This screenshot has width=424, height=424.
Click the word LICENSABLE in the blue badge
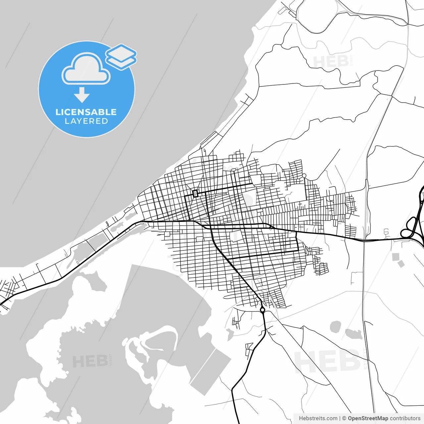[86, 112]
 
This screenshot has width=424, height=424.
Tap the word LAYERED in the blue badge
[86, 121]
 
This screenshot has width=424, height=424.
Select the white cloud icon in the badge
[86, 69]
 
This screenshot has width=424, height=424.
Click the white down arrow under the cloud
[82, 95]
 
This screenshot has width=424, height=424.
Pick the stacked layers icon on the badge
[121, 56]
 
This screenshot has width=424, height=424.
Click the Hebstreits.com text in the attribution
[318, 418]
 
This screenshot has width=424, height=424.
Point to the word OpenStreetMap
[368, 418]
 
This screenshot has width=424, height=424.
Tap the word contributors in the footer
[405, 418]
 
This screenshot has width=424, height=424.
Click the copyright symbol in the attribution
[344, 418]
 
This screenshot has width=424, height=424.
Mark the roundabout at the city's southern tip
[262, 310]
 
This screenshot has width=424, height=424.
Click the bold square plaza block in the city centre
[195, 193]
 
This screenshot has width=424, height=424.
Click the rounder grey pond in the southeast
[336, 327]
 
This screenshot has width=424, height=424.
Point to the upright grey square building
[395, 256]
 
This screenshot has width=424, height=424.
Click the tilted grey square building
[401, 264]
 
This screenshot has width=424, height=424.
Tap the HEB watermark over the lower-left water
[89, 361]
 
